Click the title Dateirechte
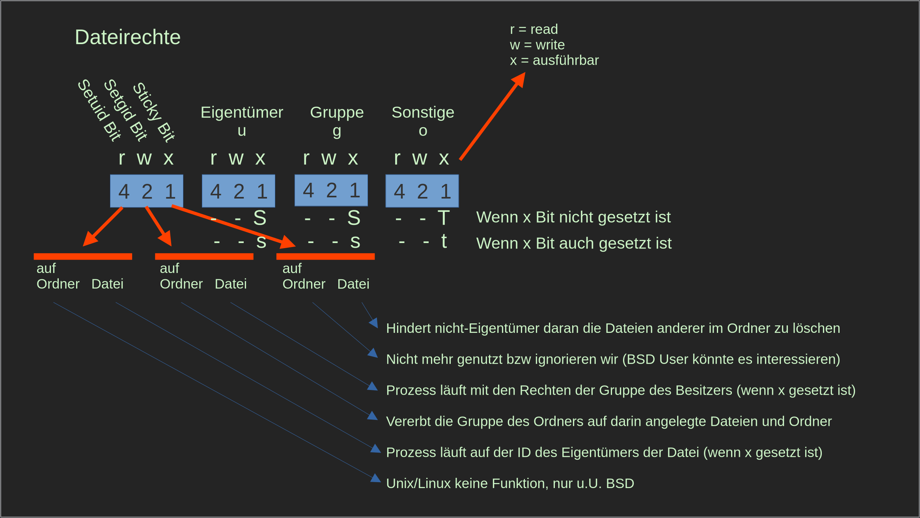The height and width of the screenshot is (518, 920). click(x=127, y=37)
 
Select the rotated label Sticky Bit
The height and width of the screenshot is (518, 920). click(x=153, y=112)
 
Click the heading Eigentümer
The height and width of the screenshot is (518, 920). click(x=242, y=113)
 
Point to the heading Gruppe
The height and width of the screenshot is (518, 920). click(x=337, y=113)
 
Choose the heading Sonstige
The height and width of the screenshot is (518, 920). click(x=423, y=113)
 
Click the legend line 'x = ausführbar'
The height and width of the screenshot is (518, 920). click(x=554, y=61)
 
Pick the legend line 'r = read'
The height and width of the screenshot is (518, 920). click(x=534, y=30)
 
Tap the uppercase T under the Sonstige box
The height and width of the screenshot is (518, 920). click(x=444, y=218)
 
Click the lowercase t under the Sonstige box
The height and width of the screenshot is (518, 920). click(x=444, y=241)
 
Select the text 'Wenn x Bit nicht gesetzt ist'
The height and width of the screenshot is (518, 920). click(x=573, y=217)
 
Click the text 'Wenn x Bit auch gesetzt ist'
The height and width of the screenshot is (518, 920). click(x=574, y=243)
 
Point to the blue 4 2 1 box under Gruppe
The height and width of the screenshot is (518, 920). click(x=331, y=190)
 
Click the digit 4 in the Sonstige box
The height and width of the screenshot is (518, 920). click(x=399, y=191)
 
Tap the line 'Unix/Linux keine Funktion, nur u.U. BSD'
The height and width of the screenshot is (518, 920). click(x=510, y=483)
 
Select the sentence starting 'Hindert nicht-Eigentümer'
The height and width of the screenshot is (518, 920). click(x=613, y=328)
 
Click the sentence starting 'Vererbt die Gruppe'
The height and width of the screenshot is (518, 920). click(x=608, y=421)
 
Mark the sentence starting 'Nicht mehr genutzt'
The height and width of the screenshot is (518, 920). click(x=613, y=359)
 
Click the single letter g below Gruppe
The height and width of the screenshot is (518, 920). click(x=337, y=131)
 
